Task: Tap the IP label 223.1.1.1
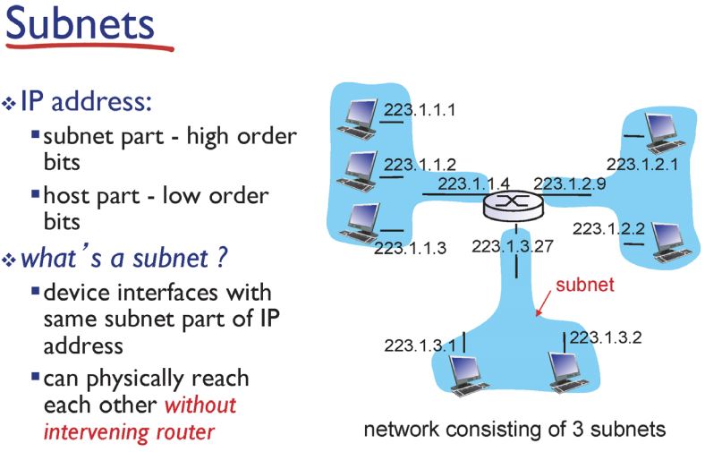pos(420,111)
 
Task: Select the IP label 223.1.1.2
pos(420,164)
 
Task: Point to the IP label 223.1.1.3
pos(410,248)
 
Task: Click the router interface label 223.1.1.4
pos(474,184)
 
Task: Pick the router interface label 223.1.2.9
pos(569,183)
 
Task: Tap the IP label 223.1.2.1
pos(641,164)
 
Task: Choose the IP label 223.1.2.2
pos(610,228)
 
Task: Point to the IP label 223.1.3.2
pos(605,337)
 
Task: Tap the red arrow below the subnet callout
pos(544,304)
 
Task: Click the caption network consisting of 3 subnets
pos(514,429)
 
